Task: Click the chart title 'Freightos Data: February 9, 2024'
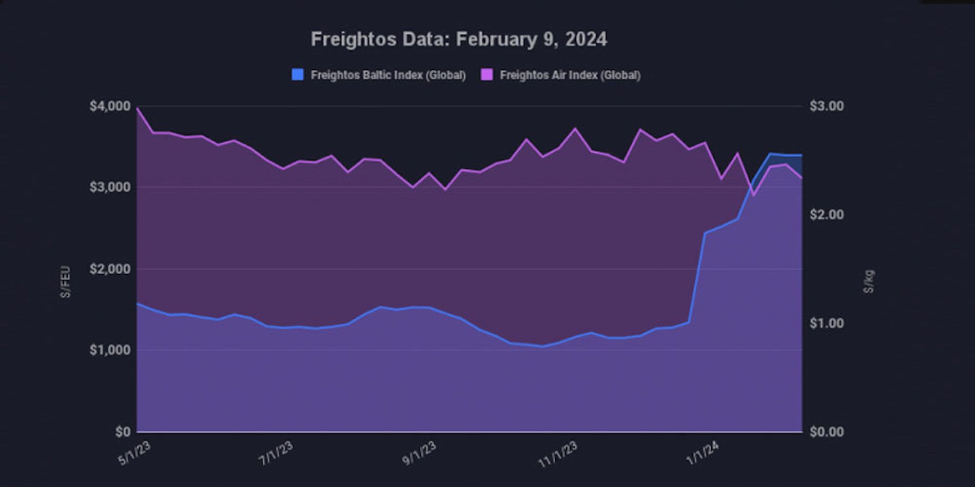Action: (x=459, y=39)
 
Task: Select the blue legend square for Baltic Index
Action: (x=298, y=75)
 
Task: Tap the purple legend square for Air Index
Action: (x=486, y=75)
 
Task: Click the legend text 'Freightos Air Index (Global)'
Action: (x=570, y=75)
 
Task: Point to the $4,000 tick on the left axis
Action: (x=110, y=106)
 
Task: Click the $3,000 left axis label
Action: (x=110, y=187)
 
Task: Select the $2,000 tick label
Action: (x=110, y=269)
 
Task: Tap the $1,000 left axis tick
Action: (x=110, y=350)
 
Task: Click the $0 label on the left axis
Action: (x=122, y=432)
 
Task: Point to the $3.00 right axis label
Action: (x=827, y=106)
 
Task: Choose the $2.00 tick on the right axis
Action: (x=827, y=214)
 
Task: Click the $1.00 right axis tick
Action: (x=827, y=323)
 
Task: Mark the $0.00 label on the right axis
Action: (x=827, y=432)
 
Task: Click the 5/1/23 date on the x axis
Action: (x=134, y=453)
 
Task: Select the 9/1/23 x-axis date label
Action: (x=419, y=453)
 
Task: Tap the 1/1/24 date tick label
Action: (x=702, y=453)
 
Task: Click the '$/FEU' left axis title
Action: (x=66, y=282)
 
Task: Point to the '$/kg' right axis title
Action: (x=868, y=281)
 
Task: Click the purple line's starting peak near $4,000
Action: (x=138, y=108)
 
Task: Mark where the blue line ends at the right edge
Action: (x=802, y=155)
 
